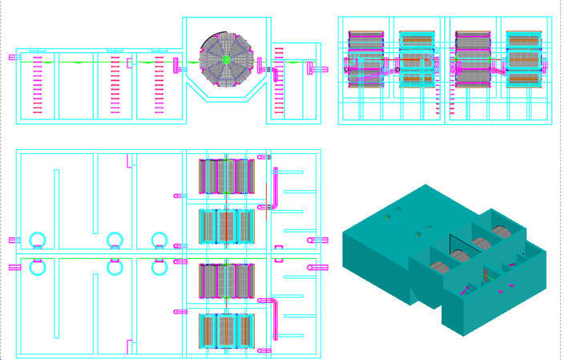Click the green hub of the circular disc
[227, 59]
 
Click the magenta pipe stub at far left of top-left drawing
[14, 57]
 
